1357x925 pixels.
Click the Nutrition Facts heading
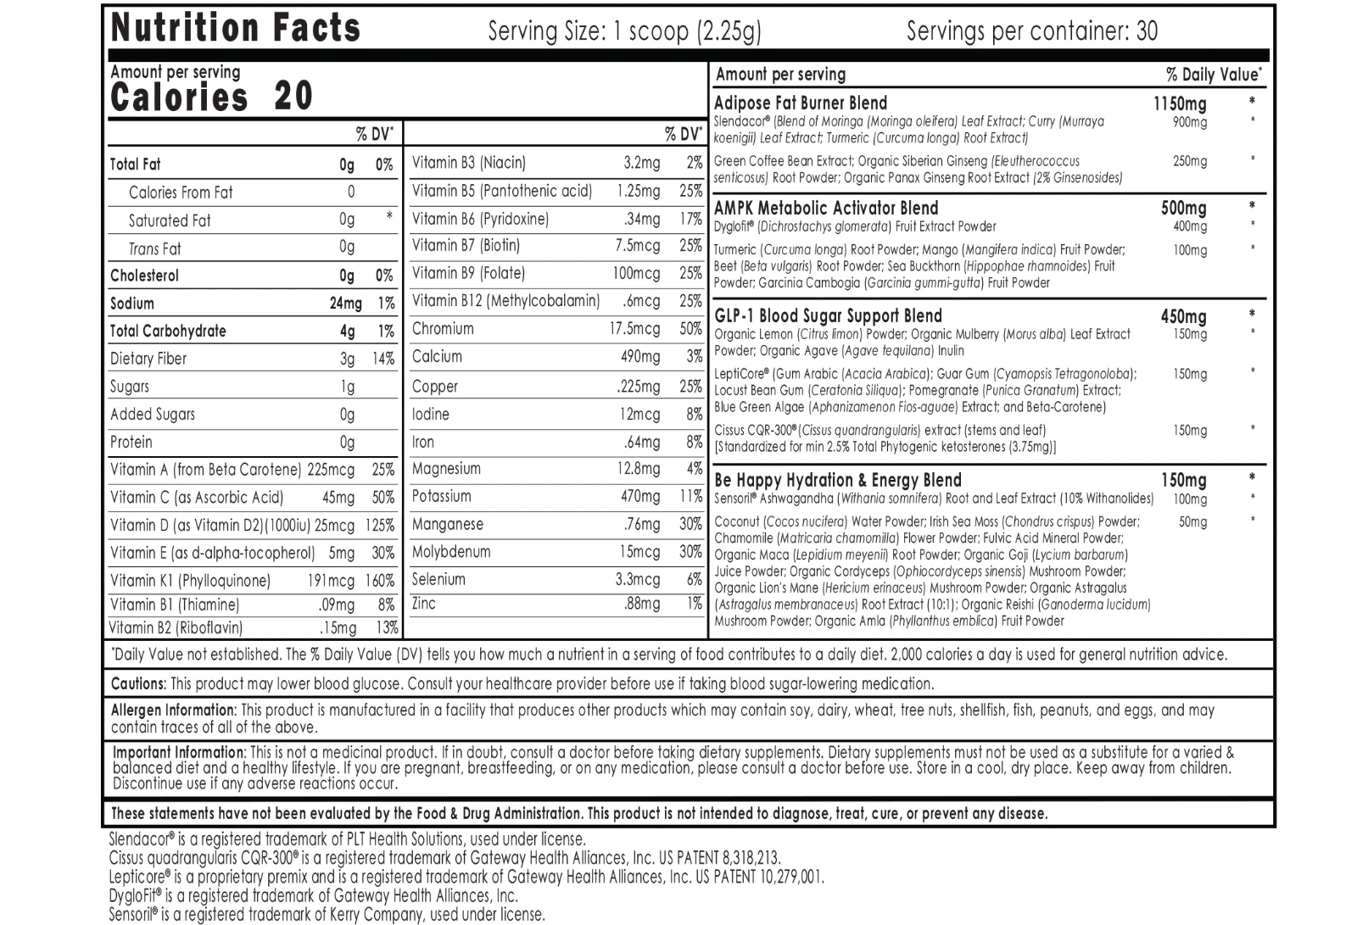click(x=236, y=28)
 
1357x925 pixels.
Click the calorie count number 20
click(x=293, y=96)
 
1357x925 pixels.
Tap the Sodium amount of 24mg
click(x=345, y=304)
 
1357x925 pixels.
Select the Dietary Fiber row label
click(x=148, y=359)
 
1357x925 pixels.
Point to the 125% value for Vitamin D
click(x=380, y=526)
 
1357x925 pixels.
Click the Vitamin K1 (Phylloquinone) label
click(x=191, y=581)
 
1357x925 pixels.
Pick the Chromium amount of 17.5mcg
click(x=634, y=329)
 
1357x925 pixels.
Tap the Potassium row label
click(x=441, y=497)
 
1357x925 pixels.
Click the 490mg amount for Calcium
click(x=640, y=357)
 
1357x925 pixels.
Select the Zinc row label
click(x=424, y=604)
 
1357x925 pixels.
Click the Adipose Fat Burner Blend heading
click(x=801, y=103)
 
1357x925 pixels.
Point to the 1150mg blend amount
click(x=1180, y=104)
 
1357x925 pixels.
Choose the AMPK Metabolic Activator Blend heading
click(x=826, y=209)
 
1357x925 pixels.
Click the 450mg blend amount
click(x=1183, y=317)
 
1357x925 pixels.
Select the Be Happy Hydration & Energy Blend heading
click(x=838, y=481)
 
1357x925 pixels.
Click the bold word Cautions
click(x=138, y=684)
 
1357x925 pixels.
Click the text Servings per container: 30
click(x=1031, y=31)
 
